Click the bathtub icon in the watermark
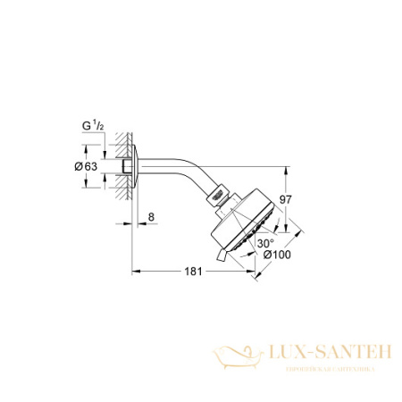tap(242, 356)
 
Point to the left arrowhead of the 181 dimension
tap(136, 270)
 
